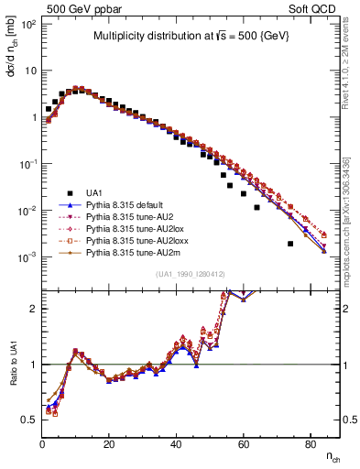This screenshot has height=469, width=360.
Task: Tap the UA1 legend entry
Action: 97,191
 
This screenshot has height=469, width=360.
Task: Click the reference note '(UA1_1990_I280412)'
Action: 191,274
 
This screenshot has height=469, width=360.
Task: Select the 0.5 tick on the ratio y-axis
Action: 31,420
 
